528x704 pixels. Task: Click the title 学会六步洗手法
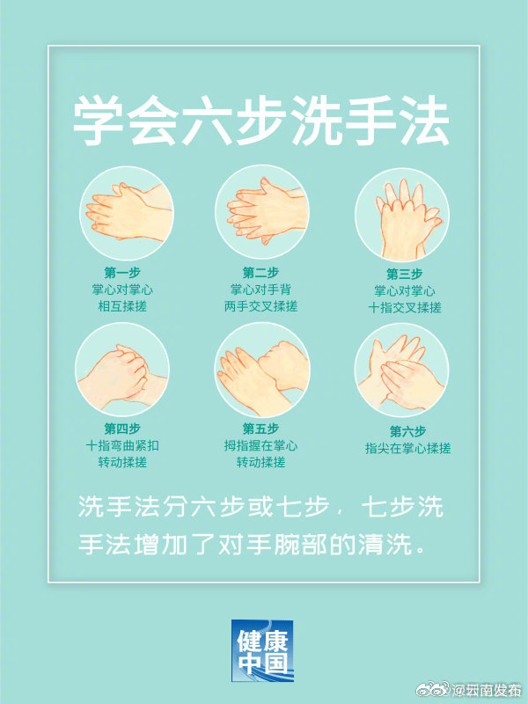click(260, 121)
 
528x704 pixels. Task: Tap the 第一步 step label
click(122, 273)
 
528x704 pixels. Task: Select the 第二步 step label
click(260, 273)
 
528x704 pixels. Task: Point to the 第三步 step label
click(405, 274)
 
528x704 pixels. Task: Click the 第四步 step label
click(122, 429)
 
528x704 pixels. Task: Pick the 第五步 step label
click(260, 429)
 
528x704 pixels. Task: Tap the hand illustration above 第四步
click(121, 370)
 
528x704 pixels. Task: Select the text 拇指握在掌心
click(260, 446)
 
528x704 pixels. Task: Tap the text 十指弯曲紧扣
click(122, 446)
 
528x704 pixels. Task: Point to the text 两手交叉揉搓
click(260, 306)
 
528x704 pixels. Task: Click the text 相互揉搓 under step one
click(122, 306)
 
